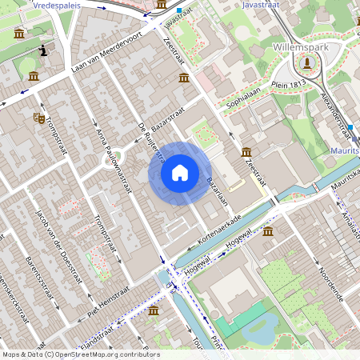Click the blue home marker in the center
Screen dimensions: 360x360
tap(180, 173)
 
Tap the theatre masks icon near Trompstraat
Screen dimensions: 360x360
tap(38, 118)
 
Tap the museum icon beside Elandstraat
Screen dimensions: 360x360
tap(153, 310)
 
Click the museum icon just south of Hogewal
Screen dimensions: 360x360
tap(267, 232)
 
